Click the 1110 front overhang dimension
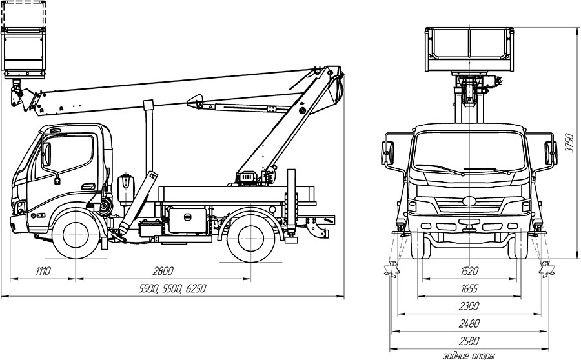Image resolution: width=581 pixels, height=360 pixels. click(x=43, y=271)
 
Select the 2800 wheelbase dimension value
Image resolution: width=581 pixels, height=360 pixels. click(x=163, y=271)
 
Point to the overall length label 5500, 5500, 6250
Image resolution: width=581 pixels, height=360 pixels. click(x=172, y=288)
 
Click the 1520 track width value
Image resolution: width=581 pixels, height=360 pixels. click(x=469, y=271)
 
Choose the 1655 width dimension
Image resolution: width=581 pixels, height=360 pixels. click(x=469, y=288)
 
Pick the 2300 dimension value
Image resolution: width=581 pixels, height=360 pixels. click(x=469, y=306)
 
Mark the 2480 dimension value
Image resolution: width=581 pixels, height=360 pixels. click(x=469, y=323)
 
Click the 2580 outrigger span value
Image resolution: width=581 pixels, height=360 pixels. click(x=469, y=341)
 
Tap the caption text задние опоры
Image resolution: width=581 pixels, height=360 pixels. click(x=469, y=356)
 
